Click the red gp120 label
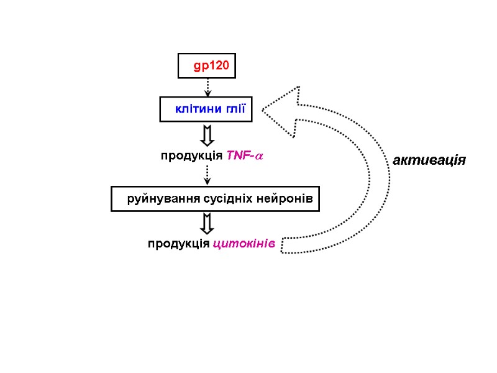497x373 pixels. [x=211, y=65]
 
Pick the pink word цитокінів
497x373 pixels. [x=244, y=243]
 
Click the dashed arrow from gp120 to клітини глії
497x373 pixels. [x=207, y=87]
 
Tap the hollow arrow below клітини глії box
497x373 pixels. [x=207, y=135]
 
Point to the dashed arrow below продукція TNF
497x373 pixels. [x=207, y=175]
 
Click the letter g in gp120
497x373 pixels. [x=197, y=66]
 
